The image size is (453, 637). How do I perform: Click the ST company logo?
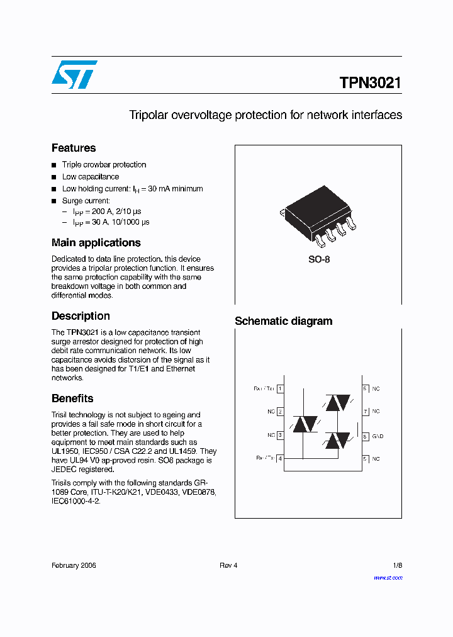pos(74,74)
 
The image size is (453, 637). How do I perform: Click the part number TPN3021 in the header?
pos(370,83)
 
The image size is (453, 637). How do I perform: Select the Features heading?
pos(74,148)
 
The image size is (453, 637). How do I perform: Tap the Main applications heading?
pos(96,243)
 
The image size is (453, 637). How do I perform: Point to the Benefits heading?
pos(72,398)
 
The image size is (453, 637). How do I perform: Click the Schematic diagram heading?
pos(283,321)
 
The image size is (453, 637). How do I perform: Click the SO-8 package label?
pos(318,260)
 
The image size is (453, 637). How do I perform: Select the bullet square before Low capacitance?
pos(54,178)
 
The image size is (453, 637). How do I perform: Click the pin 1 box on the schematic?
pos(279,389)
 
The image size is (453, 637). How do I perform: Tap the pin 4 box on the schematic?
pos(279,459)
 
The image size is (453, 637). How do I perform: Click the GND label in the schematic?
pos(377,436)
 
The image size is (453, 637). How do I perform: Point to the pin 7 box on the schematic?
pos(365,412)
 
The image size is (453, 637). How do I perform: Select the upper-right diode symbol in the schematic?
pos(337,403)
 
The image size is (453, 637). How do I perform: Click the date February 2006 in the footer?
pos(74,565)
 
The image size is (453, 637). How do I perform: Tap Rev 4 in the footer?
pos(228,565)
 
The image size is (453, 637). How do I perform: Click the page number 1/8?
pos(396,565)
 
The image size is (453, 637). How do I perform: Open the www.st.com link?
pos(388,578)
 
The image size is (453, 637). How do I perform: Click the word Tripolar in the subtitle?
pos(148,115)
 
